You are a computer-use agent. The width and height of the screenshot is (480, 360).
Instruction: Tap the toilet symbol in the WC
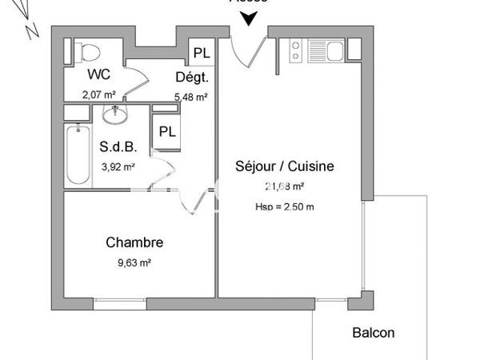90,50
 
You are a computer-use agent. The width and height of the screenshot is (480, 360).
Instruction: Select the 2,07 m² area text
98,94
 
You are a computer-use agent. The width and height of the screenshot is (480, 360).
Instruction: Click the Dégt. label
192,78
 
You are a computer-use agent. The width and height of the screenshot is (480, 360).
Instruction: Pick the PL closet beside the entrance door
202,54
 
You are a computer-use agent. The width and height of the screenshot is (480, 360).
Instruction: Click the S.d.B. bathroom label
117,147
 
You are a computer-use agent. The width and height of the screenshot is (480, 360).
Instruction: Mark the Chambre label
134,242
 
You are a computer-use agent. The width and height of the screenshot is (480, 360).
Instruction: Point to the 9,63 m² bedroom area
134,262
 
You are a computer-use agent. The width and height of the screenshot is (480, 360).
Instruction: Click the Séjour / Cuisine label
284,166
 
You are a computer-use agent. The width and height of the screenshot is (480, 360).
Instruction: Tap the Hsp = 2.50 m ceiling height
284,207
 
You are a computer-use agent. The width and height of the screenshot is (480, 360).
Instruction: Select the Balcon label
374,333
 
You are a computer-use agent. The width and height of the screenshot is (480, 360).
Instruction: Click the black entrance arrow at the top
254,18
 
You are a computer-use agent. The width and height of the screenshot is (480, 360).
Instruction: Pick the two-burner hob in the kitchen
294,50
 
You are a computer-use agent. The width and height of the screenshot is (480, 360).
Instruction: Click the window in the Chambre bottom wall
120,304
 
